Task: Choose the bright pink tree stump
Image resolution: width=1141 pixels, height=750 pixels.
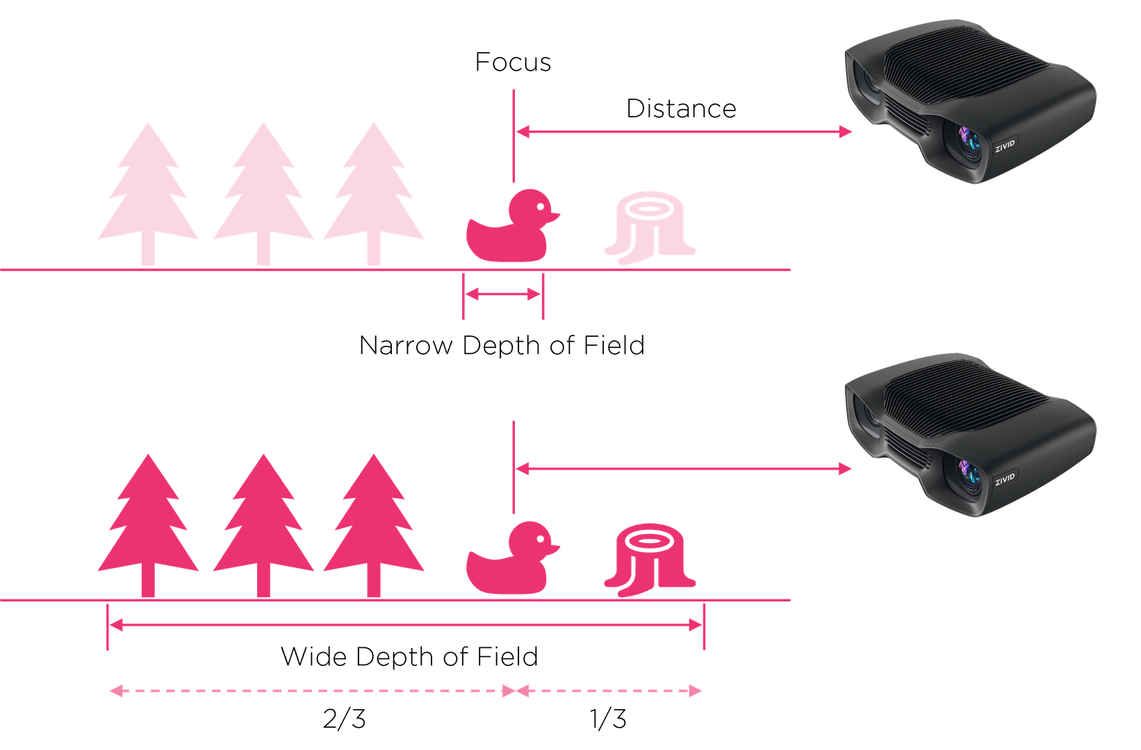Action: pos(650,562)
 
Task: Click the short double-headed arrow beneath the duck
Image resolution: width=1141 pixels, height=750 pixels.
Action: pos(503,295)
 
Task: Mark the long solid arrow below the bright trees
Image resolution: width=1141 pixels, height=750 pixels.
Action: pos(407,626)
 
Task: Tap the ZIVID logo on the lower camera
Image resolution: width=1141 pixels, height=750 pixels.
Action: pos(1005,478)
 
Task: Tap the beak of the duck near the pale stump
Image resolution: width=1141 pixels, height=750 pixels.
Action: pos(554,216)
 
